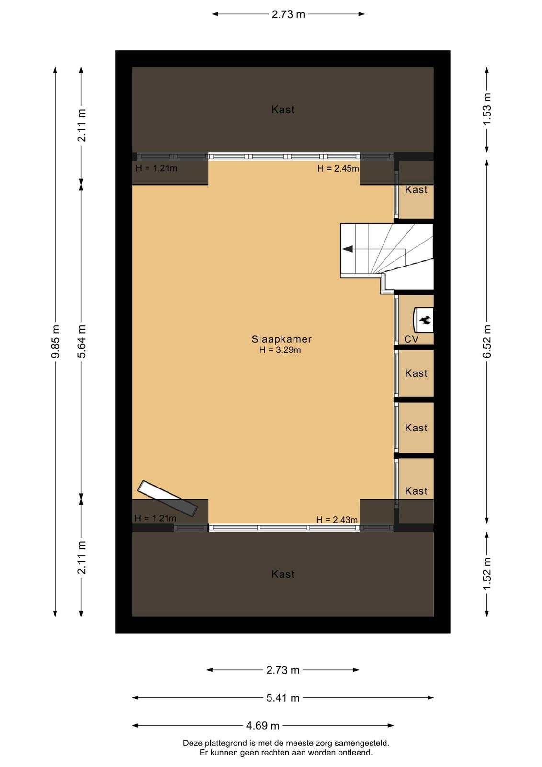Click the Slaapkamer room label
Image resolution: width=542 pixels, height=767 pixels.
[282, 339]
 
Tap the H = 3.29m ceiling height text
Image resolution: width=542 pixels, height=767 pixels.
[280, 349]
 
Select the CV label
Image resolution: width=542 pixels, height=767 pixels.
[411, 339]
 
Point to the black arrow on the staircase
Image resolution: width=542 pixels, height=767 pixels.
[348, 249]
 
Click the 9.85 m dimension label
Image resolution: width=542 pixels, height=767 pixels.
[56, 341]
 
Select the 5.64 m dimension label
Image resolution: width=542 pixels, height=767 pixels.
[81, 341]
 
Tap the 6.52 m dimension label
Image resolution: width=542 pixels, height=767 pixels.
[486, 341]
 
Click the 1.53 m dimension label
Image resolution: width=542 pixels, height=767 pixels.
[486, 109]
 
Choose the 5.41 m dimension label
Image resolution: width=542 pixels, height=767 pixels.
[283, 698]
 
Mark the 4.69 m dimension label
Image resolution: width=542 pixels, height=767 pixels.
[263, 726]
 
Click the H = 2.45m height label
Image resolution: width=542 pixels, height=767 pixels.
[338, 168]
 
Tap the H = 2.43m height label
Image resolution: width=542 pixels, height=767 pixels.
[337, 520]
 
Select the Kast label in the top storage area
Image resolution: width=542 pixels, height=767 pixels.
[283, 110]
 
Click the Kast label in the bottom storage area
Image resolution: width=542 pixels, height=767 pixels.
[283, 574]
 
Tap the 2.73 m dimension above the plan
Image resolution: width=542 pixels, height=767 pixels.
[288, 14]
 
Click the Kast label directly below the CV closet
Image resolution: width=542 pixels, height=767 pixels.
[416, 373]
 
